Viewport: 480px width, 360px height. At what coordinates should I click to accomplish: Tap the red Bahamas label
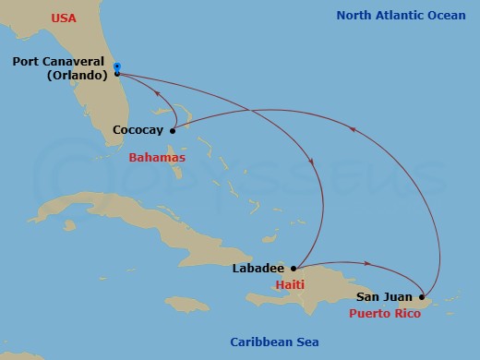click(x=156, y=158)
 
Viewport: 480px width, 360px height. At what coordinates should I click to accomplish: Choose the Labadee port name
click(x=258, y=269)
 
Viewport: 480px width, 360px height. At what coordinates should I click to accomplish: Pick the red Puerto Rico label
click(x=386, y=314)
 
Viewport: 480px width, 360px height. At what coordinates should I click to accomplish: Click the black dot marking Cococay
click(x=173, y=130)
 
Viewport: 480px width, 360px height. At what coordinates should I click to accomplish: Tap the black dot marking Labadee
click(x=293, y=269)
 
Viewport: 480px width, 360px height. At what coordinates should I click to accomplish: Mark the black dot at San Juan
click(x=422, y=297)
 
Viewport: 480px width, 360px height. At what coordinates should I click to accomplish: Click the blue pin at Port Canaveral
click(x=117, y=68)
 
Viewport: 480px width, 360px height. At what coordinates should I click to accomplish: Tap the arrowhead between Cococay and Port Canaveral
click(x=157, y=92)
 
